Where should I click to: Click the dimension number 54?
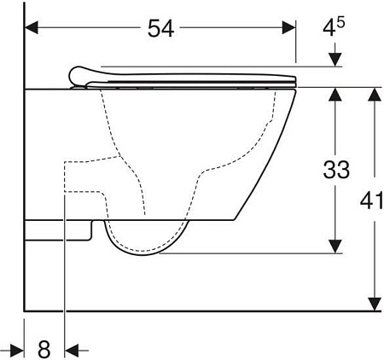[160, 28]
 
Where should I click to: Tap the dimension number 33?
[336, 170]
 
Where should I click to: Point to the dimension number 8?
[44, 349]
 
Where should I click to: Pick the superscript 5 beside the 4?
[340, 22]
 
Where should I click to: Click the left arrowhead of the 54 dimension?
[32, 27]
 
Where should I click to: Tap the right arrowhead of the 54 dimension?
[289, 27]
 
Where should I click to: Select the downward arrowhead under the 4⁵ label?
[335, 60]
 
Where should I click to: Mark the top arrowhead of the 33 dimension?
[335, 95]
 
